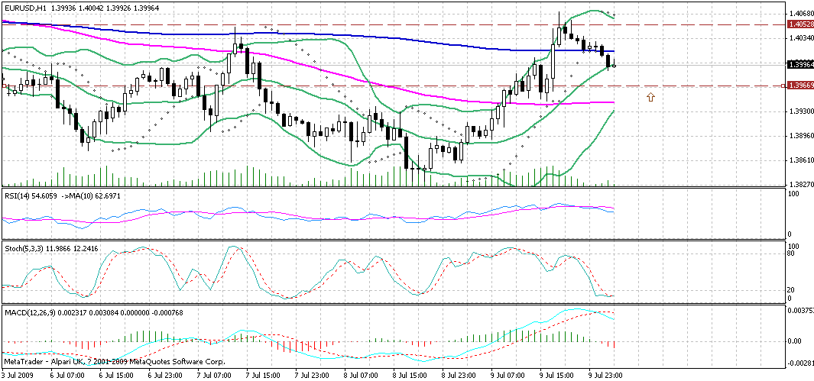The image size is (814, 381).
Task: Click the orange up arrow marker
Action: pyautogui.click(x=650, y=97)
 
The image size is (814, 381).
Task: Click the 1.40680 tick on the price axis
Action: pyautogui.click(x=800, y=13)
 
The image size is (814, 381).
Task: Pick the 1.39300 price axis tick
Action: pyautogui.click(x=800, y=111)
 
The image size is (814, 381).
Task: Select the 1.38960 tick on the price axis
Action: pyautogui.click(x=800, y=136)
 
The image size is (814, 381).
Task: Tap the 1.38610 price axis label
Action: pyautogui.click(x=800, y=160)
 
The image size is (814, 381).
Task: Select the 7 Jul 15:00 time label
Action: pyautogui.click(x=263, y=376)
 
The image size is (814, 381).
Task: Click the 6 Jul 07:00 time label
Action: pyautogui.click(x=66, y=376)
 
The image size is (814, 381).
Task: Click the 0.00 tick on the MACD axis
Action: pyautogui.click(x=796, y=341)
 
